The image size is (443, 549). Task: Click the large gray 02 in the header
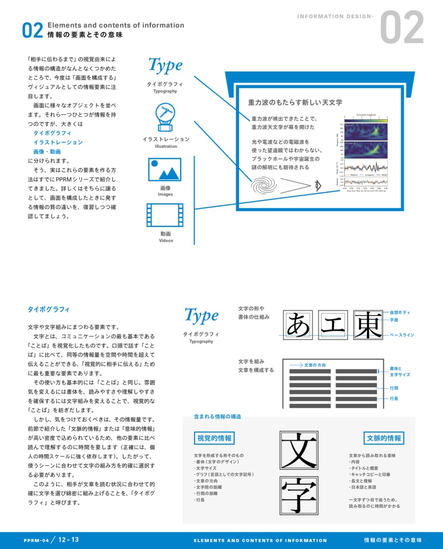(402, 28)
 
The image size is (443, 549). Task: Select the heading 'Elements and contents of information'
(116, 25)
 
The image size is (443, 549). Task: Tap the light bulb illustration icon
(166, 117)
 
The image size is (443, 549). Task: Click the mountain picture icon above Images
(165, 169)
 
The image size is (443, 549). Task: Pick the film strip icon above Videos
(165, 215)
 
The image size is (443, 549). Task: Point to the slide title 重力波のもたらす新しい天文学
(295, 102)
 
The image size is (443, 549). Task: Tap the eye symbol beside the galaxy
(318, 186)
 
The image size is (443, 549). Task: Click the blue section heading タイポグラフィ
(49, 309)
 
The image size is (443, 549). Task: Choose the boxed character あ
(298, 325)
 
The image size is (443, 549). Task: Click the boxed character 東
(367, 325)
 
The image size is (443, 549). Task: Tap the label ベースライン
(401, 335)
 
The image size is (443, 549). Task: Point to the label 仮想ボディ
(400, 312)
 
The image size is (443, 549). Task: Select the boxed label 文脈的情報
(384, 438)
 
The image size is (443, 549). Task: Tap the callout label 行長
(394, 399)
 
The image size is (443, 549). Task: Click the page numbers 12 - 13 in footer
(69, 540)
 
